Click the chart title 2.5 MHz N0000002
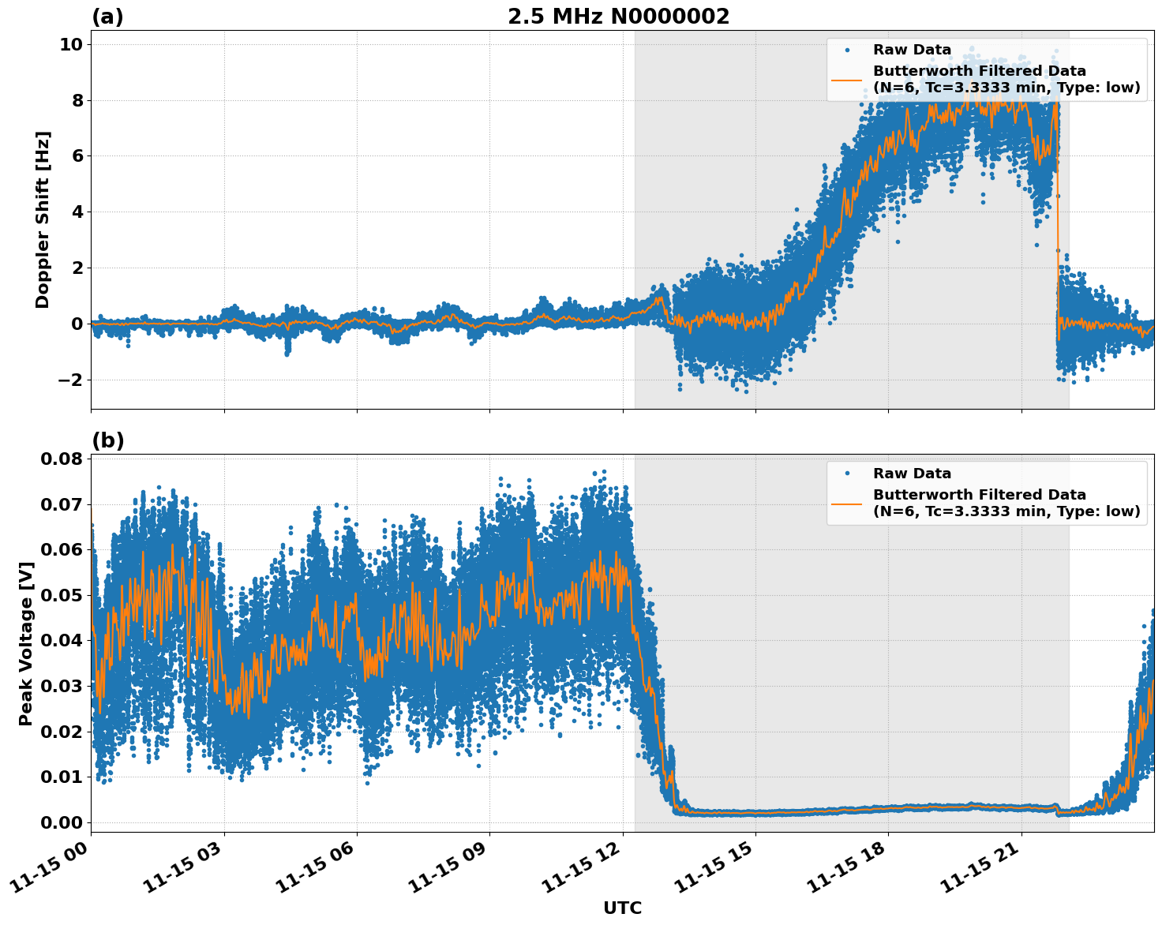(x=618, y=17)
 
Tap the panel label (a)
(x=107, y=17)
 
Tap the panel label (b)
(x=107, y=440)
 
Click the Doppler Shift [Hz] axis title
(x=43, y=219)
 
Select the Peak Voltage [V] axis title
(x=26, y=643)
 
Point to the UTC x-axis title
(x=622, y=908)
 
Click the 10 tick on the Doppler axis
(x=71, y=45)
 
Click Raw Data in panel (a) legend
(x=912, y=50)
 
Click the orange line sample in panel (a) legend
(x=846, y=79)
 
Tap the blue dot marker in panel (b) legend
(x=846, y=474)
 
